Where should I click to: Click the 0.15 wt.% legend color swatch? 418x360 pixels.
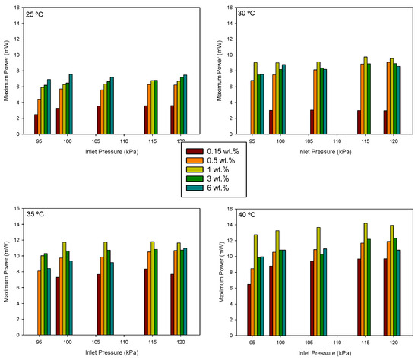pyautogui.click(x=192, y=152)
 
